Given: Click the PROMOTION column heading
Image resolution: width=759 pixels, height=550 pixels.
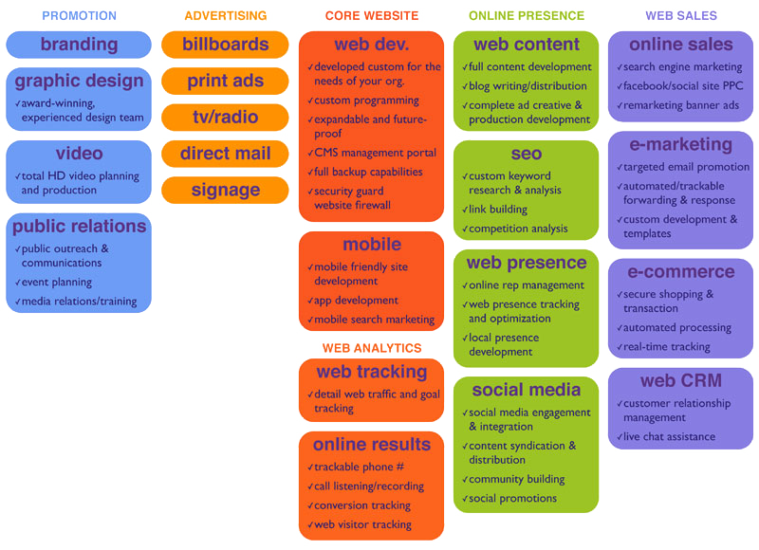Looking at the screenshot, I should pyautogui.click(x=80, y=16).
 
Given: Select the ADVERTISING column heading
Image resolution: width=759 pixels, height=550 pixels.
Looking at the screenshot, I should pyautogui.click(x=225, y=16).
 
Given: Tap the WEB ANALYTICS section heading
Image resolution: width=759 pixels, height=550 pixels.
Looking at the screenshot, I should pyautogui.click(x=371, y=348).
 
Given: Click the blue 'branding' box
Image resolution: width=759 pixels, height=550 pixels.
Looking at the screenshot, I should pyautogui.click(x=79, y=45).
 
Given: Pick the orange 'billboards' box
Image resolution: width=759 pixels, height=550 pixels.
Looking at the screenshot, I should pyautogui.click(x=225, y=45).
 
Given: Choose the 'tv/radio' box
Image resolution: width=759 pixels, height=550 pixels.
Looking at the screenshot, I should pyautogui.click(x=225, y=118).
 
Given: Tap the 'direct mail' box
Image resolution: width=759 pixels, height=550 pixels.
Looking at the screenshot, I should pyautogui.click(x=225, y=154).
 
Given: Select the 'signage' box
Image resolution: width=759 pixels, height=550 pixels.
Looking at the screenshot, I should pyautogui.click(x=225, y=190).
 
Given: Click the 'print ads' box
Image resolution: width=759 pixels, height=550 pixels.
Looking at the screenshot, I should pyautogui.click(x=225, y=81).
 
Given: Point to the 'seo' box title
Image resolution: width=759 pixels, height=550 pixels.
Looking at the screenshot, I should pyautogui.click(x=526, y=154).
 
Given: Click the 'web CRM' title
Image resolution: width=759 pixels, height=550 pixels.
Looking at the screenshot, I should pyautogui.click(x=680, y=381).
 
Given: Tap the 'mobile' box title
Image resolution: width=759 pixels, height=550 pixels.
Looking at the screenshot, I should pyautogui.click(x=371, y=245).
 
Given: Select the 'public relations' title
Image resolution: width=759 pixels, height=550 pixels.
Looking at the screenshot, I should pyautogui.click(x=79, y=227).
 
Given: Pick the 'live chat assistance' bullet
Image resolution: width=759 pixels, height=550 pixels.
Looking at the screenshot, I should pyautogui.click(x=669, y=437).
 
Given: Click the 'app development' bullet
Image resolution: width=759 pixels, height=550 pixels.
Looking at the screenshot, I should pyautogui.click(x=359, y=301).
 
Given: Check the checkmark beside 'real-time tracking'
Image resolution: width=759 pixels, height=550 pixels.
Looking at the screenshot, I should pyautogui.click(x=619, y=347).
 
